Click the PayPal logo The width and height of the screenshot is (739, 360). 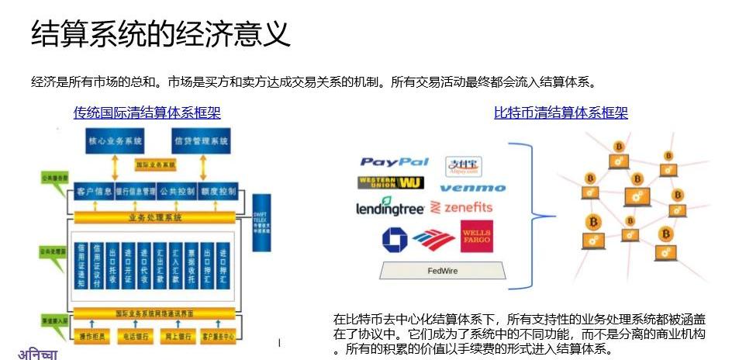click(x=394, y=162)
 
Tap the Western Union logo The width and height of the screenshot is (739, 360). click(x=390, y=184)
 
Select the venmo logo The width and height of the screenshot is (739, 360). click(x=472, y=188)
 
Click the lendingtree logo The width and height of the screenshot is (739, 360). click(x=390, y=209)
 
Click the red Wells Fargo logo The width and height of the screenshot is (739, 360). click(x=476, y=237)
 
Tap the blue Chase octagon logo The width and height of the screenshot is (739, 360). click(x=395, y=239)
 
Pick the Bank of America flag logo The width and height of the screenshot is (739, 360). click(x=434, y=239)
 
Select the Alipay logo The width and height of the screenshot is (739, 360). click(x=464, y=166)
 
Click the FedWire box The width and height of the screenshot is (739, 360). click(x=442, y=271)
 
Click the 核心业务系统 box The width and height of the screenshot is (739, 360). click(x=114, y=141)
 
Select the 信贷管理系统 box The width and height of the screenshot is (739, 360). click(x=201, y=141)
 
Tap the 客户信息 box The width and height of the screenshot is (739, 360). click(x=94, y=191)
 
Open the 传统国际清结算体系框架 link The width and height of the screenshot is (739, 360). click(x=147, y=113)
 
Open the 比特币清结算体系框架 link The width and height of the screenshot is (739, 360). click(x=561, y=113)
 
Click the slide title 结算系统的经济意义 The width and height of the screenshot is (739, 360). click(x=161, y=33)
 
